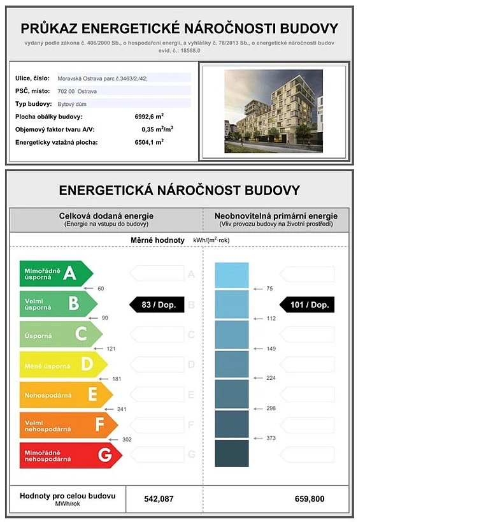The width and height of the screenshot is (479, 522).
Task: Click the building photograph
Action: coord(273,111)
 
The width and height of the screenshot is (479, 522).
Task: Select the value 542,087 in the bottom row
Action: coord(157,498)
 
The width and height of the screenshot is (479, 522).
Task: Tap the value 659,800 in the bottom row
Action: coord(309,498)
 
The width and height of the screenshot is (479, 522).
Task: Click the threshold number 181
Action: coord(117,379)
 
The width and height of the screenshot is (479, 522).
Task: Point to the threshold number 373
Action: coord(271,439)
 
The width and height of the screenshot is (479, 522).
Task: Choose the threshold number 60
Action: coord(101,289)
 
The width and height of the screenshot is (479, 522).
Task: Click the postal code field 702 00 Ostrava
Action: coord(77,91)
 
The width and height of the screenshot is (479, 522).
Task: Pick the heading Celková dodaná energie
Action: coord(106,216)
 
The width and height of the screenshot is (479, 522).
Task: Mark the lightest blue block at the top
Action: coord(231,275)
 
